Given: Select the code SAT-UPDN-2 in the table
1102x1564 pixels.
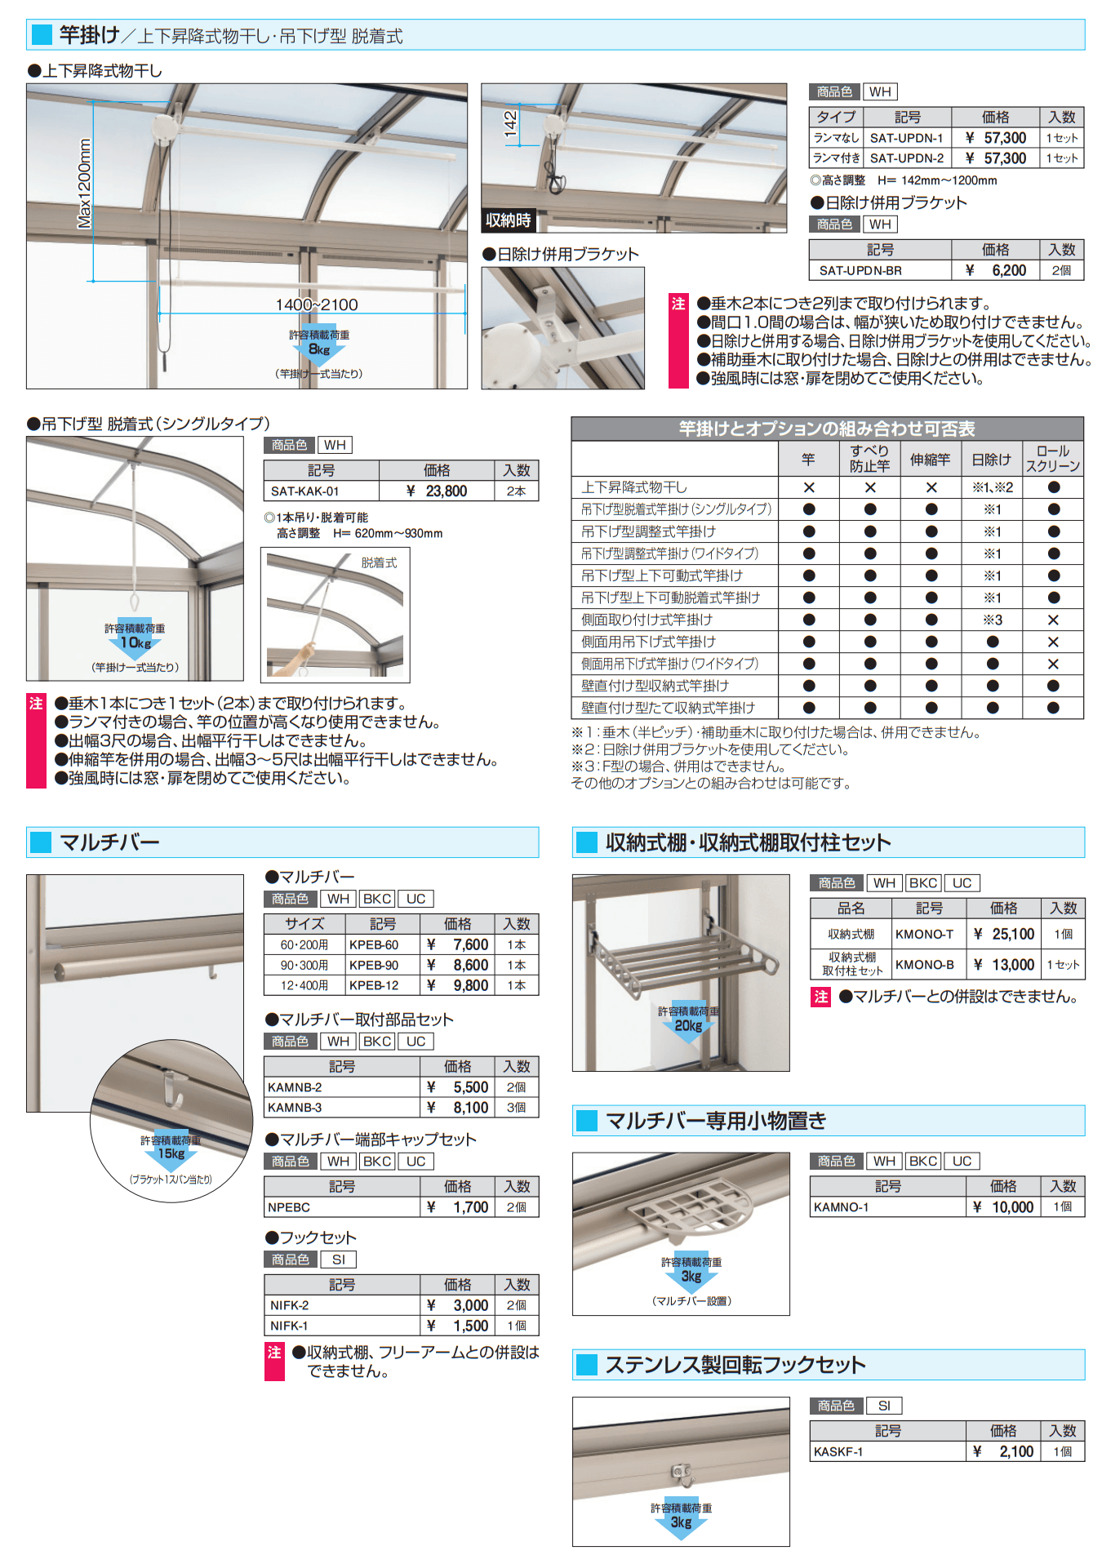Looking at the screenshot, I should click(x=906, y=158).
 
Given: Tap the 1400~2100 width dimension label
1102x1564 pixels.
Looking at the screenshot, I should click(x=317, y=304).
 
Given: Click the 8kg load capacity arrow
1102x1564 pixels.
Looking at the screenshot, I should click(x=319, y=350).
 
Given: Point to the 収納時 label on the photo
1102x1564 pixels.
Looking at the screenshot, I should click(x=508, y=220).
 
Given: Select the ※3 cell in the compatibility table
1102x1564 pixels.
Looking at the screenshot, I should click(x=992, y=620).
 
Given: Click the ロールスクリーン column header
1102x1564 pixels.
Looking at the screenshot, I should click(x=1052, y=459).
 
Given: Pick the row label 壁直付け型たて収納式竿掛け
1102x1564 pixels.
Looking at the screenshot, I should click(x=668, y=708).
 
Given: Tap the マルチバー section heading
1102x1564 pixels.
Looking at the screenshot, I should click(x=109, y=842).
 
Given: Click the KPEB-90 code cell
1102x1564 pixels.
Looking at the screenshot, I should click(x=374, y=965).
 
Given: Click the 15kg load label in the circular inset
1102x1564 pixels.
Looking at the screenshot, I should click(x=171, y=1153).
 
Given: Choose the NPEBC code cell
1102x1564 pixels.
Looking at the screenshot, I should click(x=289, y=1207).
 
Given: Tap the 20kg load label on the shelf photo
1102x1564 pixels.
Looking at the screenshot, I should click(x=688, y=1025).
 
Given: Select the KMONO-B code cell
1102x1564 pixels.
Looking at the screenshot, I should click(x=924, y=965).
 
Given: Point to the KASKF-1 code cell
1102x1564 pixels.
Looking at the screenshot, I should click(x=838, y=1452).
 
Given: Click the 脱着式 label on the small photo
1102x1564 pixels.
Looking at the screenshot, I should click(x=379, y=562).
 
